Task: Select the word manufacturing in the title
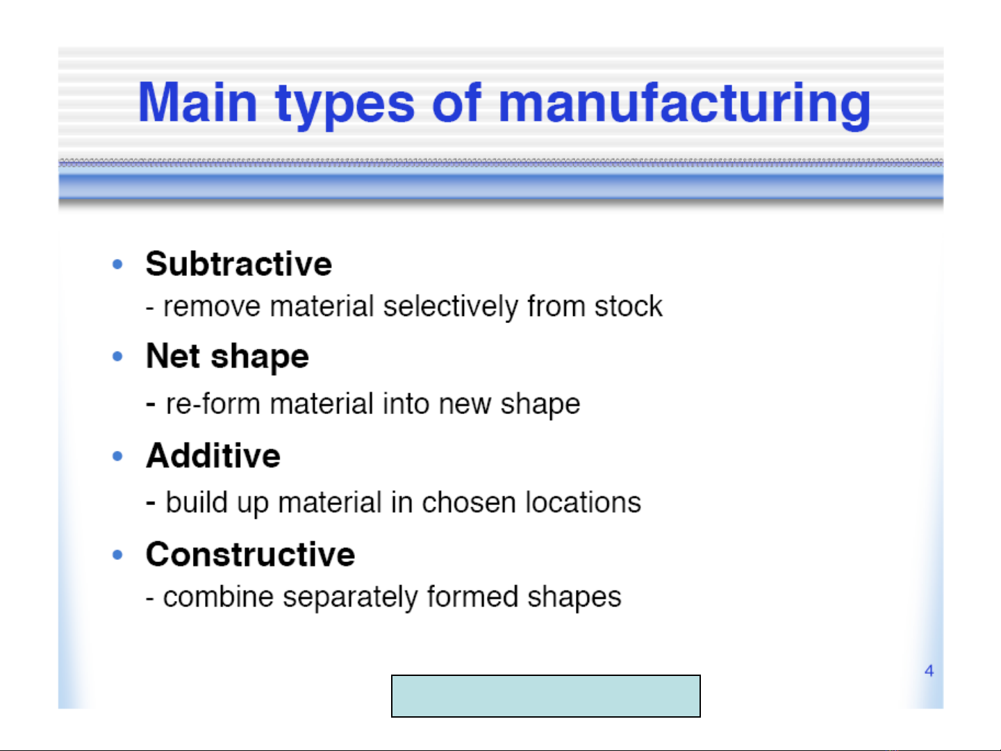684,104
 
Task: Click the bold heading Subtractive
238,264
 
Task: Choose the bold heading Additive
213,456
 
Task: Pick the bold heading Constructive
250,554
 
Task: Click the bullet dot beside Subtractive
117,264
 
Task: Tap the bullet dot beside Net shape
117,356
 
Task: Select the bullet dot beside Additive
117,456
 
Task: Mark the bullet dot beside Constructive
117,554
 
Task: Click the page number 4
929,670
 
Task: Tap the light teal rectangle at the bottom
546,696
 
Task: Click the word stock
629,306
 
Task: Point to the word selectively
451,307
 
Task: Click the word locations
584,502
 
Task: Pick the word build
197,502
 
